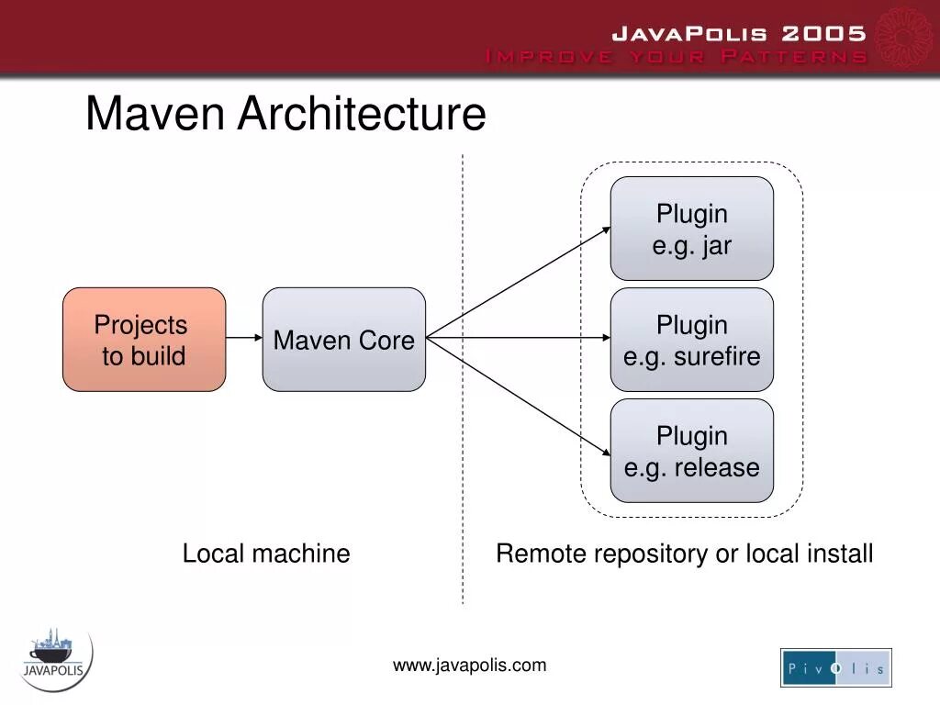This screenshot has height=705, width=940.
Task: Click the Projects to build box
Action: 144,340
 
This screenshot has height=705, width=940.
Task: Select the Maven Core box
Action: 344,340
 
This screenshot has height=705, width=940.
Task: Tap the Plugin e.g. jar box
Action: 692,229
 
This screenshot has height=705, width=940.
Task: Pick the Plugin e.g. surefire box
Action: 692,340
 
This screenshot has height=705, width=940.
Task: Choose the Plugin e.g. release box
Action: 692,451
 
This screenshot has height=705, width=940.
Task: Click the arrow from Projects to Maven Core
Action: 244,338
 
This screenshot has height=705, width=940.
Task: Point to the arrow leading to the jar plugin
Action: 519,283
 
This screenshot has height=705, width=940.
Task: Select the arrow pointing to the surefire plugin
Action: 519,338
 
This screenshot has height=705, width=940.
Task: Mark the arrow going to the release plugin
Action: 519,396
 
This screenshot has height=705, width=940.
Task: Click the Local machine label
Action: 266,554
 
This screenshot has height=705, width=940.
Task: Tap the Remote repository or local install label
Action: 684,554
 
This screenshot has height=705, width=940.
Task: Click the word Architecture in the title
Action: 362,115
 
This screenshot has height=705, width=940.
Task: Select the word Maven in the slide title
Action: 155,115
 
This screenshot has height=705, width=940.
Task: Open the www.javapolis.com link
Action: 469,666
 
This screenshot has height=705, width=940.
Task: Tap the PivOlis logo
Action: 835,667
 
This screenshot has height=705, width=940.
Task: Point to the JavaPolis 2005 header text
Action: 739,34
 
